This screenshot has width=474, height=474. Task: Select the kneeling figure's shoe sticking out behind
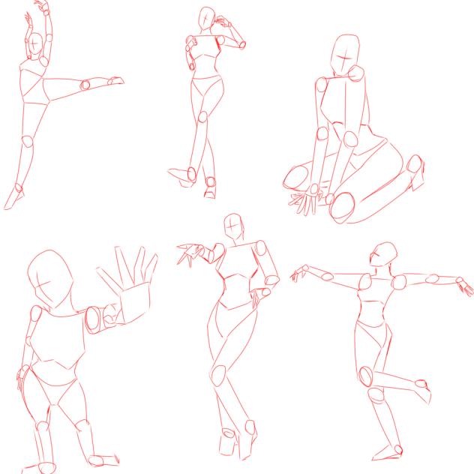click(416, 172)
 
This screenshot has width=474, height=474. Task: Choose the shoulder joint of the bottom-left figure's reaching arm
click(95, 319)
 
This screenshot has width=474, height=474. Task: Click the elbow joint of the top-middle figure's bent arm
click(241, 44)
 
